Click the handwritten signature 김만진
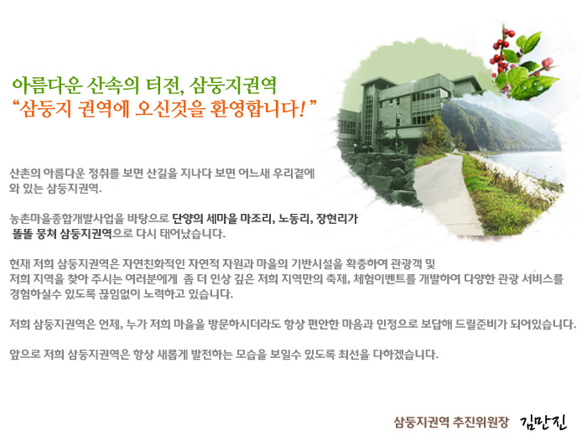pos(543,422)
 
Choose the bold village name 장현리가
pos(337,219)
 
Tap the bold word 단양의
pos(188,219)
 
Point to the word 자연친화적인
pos(153,264)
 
